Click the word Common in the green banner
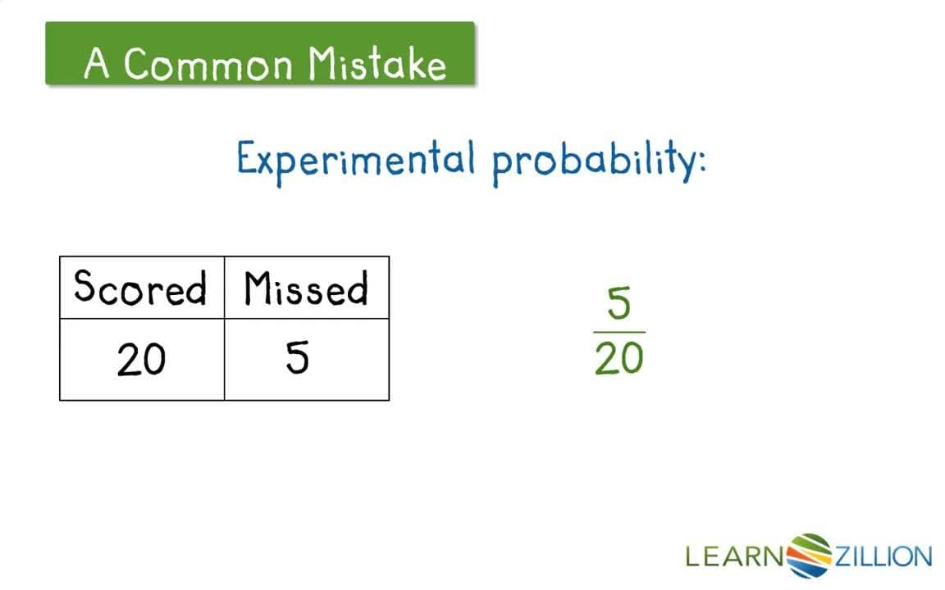208,64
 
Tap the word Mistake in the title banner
378,64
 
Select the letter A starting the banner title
97,64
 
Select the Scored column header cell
141,288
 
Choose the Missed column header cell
306,288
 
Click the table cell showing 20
141,360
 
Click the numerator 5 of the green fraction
619,305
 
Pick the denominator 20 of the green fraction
619,358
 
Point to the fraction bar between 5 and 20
619,332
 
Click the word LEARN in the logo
734,557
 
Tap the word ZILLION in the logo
883,557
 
